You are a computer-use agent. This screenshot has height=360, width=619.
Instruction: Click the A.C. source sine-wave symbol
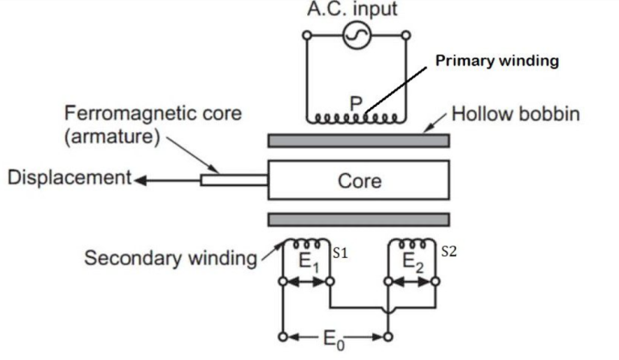355,35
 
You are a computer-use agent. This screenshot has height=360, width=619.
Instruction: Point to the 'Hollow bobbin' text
515,114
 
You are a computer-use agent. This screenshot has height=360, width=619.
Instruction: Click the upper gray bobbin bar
358,141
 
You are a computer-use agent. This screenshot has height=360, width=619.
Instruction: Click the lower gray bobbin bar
358,220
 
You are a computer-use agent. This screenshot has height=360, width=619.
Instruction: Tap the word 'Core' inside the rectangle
359,180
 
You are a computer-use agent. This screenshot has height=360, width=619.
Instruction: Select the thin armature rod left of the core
234,180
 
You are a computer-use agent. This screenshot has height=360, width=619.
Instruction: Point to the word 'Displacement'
69,177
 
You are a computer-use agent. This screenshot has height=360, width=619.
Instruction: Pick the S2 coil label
450,252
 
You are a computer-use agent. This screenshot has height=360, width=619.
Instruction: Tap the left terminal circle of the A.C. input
306,35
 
